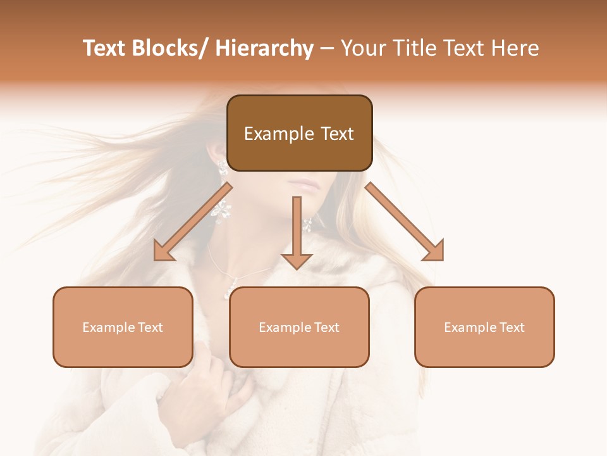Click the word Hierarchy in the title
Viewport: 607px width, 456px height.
(264, 49)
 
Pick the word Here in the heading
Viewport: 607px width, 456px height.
(515, 49)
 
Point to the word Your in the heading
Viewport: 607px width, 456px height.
(363, 49)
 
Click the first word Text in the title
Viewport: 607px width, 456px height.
(106, 49)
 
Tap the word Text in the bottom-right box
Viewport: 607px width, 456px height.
(512, 327)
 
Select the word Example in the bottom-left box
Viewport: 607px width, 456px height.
(109, 327)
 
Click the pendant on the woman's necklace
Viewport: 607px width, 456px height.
(229, 289)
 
